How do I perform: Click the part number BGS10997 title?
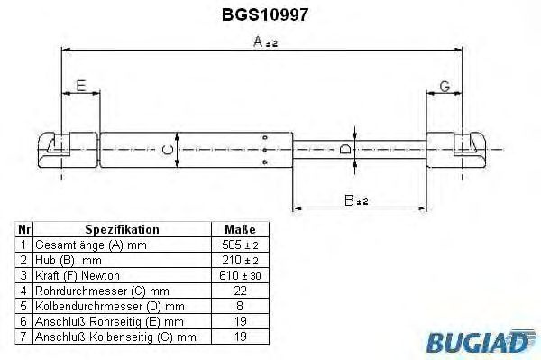pyautogui.click(x=264, y=14)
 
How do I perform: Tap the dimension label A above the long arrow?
pyautogui.click(x=265, y=42)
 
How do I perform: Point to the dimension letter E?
pyautogui.click(x=81, y=86)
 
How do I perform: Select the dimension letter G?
pyautogui.click(x=445, y=87)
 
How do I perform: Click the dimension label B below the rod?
pyautogui.click(x=356, y=200)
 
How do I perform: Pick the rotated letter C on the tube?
pyautogui.click(x=168, y=150)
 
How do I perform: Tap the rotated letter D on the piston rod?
pyautogui.click(x=345, y=149)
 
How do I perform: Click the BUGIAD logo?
pyautogui.click(x=481, y=341)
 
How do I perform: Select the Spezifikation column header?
pyautogui.click(x=122, y=229)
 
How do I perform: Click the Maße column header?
pyautogui.click(x=240, y=229)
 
